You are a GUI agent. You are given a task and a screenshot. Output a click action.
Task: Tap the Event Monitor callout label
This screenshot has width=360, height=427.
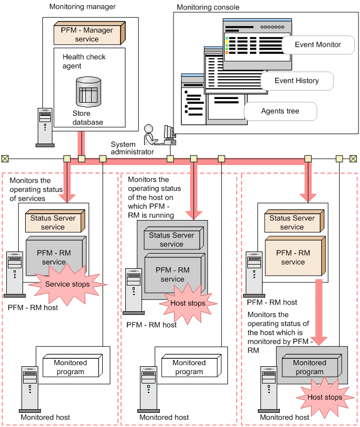click(317, 45)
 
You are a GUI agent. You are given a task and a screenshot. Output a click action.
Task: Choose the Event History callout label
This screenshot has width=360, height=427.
click(296, 81)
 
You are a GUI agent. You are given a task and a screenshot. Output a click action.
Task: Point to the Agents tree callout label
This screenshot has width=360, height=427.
click(280, 111)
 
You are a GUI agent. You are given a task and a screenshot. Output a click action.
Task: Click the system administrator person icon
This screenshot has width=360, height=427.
click(151, 135)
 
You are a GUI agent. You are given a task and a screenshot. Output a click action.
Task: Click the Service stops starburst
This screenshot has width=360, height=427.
click(67, 284)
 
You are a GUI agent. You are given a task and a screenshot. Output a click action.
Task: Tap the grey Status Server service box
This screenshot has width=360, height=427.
click(171, 240)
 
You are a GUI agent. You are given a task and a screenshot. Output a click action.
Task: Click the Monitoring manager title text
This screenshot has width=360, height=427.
click(82, 7)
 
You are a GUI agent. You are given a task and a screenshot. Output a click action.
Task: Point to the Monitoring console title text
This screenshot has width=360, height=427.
click(208, 7)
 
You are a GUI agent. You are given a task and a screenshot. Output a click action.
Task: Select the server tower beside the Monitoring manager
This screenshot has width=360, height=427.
click(45, 126)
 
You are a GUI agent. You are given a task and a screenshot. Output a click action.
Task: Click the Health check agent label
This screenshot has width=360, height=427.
click(84, 61)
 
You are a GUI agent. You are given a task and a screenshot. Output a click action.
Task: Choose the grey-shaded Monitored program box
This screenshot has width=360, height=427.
click(309, 367)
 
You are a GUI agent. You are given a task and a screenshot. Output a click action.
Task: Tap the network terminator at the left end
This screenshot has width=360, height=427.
click(5, 158)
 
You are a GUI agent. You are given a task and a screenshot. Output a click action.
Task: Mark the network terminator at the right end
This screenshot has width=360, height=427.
click(353, 158)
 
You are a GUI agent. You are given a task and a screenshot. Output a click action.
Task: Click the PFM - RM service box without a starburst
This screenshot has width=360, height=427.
click(292, 257)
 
